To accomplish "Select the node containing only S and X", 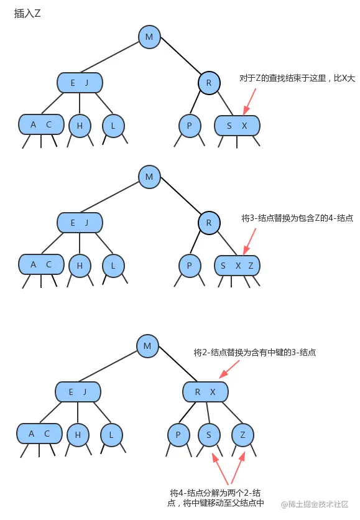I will (237, 126).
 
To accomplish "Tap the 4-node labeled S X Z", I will (237, 266).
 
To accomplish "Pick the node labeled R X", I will (205, 392).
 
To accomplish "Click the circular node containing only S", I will (209, 435).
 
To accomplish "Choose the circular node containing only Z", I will (242, 435).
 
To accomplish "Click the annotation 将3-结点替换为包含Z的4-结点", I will (297, 218).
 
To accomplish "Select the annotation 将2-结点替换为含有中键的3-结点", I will (254, 352).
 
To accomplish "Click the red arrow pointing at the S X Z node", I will (250, 239).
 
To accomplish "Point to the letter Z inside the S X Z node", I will (251, 266).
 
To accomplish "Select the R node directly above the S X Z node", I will (209, 222).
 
